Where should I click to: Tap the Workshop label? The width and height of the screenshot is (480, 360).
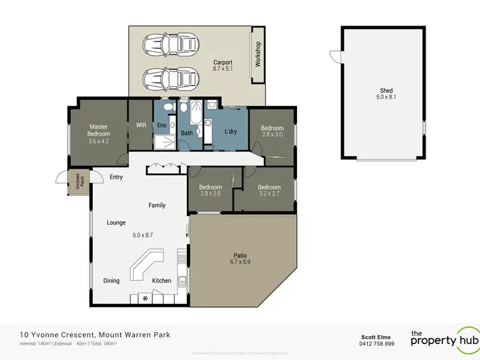point(259,55)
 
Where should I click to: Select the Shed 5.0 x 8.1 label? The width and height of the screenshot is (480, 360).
point(385,94)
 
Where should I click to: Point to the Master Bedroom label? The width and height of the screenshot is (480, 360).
point(99,134)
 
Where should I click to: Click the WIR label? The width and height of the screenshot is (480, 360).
point(141,125)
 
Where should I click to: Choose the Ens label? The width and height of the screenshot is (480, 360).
point(162,125)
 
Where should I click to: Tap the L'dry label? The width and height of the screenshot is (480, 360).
point(231,132)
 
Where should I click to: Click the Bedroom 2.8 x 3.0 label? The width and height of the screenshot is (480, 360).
point(272,131)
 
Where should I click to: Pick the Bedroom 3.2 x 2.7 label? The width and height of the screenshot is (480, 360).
point(269,191)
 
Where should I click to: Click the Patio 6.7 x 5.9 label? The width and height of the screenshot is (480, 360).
point(240,259)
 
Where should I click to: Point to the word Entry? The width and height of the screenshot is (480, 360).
point(116,177)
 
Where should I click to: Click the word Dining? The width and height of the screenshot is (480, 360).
point(111,281)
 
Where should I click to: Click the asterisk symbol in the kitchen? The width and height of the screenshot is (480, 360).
point(145,299)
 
